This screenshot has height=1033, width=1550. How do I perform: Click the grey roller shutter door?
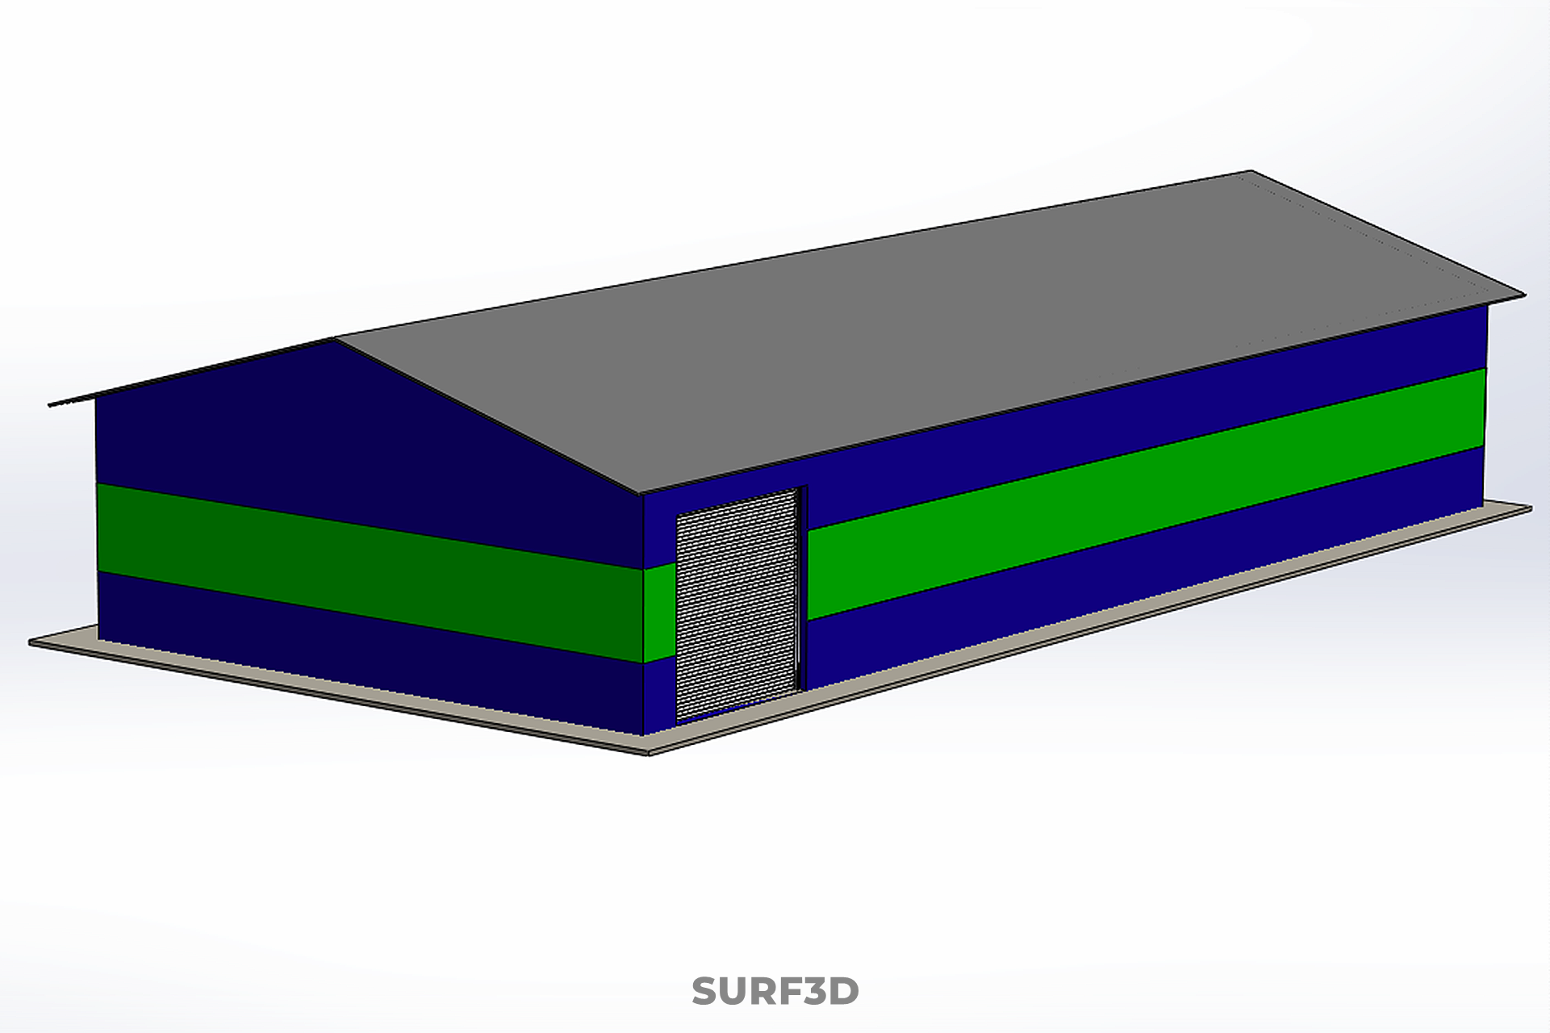tap(737, 604)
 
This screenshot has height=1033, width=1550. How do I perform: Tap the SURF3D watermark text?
tap(775, 992)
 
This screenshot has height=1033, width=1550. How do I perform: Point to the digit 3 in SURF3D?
tap(812, 992)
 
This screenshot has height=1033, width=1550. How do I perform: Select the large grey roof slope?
tap(928, 331)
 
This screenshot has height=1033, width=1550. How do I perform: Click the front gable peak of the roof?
tap(335, 340)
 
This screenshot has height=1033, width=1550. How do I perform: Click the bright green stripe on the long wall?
tap(1146, 492)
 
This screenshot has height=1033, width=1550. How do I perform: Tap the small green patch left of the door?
tap(659, 612)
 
